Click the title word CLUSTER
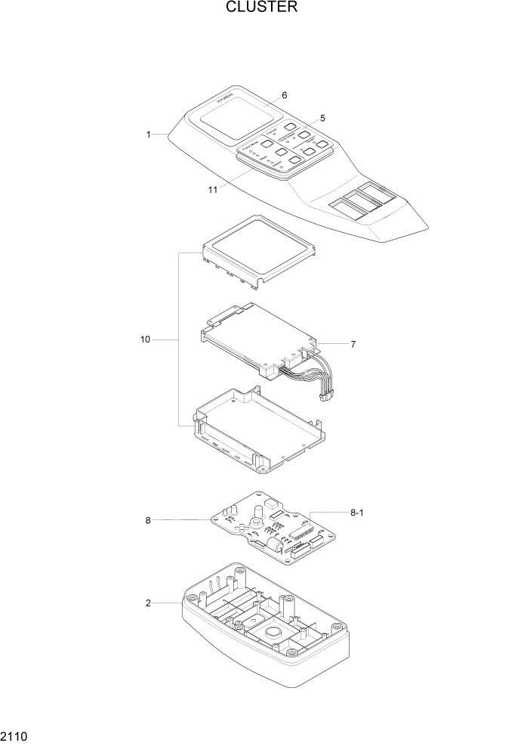coord(261,8)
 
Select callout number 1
coord(149,135)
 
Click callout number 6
coord(284,95)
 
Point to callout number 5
coord(322,118)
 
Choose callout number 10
coord(145,340)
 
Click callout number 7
coord(352,344)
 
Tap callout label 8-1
coord(357,513)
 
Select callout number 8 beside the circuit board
coord(148,520)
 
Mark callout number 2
coord(148,603)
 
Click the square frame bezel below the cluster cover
coord(258,245)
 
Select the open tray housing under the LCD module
coord(260,431)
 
